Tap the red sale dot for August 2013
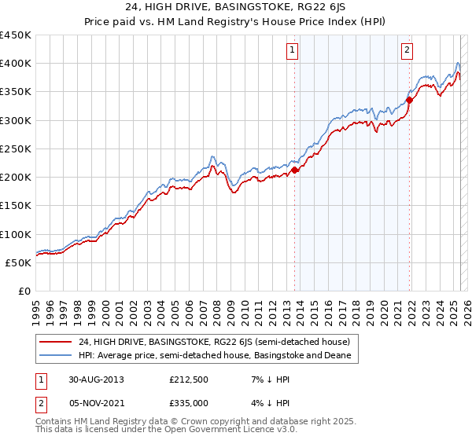[295, 170]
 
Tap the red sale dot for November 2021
[410, 100]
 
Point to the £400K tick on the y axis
[15, 64]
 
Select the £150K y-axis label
[15, 206]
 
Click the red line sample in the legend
[56, 342]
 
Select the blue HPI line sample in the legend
[56, 356]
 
